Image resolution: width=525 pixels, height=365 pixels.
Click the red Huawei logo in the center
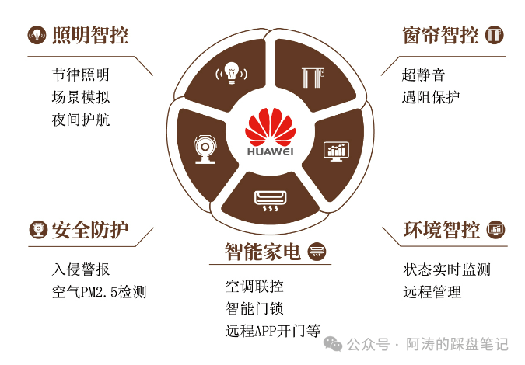[271, 127]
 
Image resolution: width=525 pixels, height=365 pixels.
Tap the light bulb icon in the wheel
[231, 73]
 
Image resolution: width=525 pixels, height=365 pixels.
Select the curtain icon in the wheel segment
[313, 77]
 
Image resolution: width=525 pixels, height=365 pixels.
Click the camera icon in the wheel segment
[205, 149]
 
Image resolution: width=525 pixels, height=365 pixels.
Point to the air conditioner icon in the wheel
[270, 201]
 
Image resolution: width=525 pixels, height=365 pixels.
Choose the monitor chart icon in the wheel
[336, 151]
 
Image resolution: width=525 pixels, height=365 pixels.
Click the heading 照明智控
[90, 35]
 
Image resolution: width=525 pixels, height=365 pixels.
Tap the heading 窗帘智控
[440, 35]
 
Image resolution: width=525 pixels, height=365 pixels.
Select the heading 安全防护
[90, 230]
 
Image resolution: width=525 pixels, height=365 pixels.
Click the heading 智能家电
[263, 252]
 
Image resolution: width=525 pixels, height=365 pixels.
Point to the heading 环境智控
[442, 230]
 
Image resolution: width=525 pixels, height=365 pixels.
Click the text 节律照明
[81, 75]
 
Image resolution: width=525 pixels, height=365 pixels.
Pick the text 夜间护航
[81, 120]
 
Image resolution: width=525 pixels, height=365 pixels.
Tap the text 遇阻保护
[431, 97]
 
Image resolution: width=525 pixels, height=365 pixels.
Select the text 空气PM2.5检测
[99, 292]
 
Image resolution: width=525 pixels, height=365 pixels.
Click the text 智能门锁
[254, 308]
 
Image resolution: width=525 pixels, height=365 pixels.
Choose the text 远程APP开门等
[273, 331]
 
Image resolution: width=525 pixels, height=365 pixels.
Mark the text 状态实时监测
[447, 269]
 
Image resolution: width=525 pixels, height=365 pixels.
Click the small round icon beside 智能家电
[317, 252]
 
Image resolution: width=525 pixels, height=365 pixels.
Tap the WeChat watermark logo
[333, 344]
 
